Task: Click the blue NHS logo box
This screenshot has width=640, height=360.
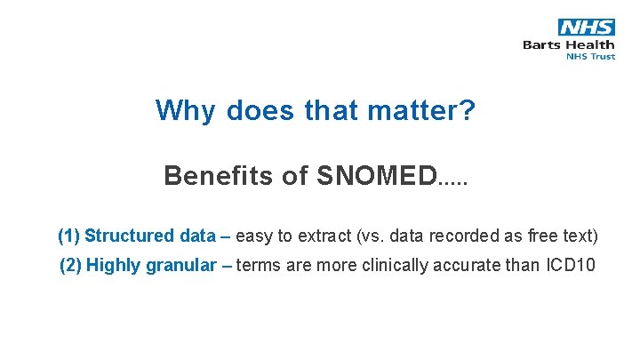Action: pyautogui.click(x=586, y=27)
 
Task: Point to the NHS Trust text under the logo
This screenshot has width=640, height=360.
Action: pyautogui.click(x=590, y=57)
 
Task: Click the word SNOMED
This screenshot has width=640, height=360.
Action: pyautogui.click(x=377, y=176)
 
